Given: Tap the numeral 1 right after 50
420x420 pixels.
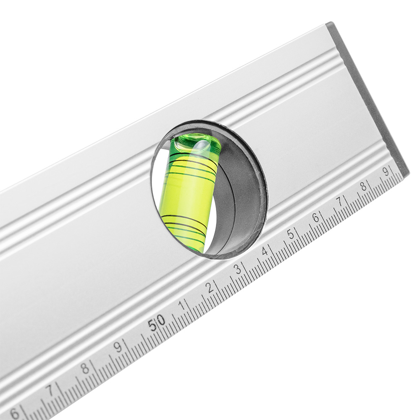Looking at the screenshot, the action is click(x=183, y=305).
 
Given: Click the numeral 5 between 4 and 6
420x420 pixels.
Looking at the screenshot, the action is click(x=290, y=235).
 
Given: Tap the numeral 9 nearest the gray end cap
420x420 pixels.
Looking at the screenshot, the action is click(x=386, y=171).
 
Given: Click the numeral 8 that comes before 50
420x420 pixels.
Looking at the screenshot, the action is click(x=85, y=369).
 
